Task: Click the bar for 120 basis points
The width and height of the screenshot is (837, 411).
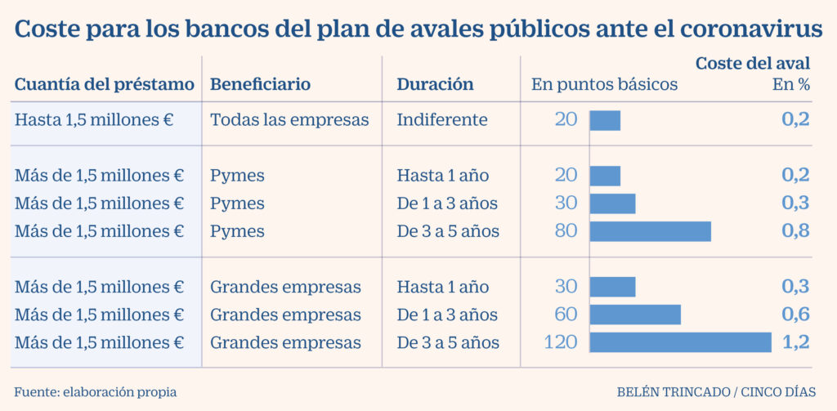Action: click(x=680, y=342)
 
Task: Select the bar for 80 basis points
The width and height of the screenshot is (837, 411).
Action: click(x=650, y=231)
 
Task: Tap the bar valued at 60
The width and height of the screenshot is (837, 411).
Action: click(x=635, y=315)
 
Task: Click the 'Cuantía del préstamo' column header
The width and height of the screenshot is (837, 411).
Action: click(x=105, y=84)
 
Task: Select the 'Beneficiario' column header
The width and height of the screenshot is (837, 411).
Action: click(x=260, y=84)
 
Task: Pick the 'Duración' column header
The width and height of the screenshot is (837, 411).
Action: click(x=435, y=84)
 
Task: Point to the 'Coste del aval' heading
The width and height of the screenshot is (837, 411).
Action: click(x=752, y=63)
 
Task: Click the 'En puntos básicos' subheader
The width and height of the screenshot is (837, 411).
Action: click(x=604, y=84)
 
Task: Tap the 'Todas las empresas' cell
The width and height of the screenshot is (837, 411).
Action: click(x=289, y=120)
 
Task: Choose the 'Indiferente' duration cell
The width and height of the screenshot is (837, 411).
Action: click(x=442, y=120)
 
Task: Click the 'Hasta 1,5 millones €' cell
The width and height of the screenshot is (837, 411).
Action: click(x=94, y=120)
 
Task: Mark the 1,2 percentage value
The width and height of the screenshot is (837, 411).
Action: click(x=795, y=342)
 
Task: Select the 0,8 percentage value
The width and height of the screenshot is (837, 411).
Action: click(x=795, y=231)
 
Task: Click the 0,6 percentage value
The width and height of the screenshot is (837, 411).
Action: click(x=795, y=315)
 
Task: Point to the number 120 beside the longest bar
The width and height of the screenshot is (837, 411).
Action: click(x=561, y=342)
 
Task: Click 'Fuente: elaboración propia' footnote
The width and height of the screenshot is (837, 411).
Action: click(x=96, y=392)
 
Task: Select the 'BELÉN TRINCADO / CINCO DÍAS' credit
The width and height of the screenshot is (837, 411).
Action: click(x=715, y=392)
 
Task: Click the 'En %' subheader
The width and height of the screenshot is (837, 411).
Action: click(x=791, y=84)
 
